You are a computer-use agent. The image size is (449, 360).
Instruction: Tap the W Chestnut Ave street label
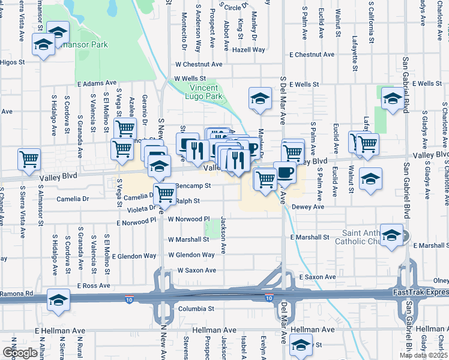(x=199, y=64)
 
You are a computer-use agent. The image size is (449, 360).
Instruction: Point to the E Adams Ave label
(x=97, y=83)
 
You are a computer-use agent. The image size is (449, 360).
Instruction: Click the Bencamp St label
(x=193, y=186)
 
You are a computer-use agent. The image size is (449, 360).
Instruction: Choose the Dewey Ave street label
(x=308, y=206)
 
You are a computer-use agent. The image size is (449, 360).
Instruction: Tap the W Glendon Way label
(x=191, y=255)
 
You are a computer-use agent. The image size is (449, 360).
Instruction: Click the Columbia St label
(x=196, y=308)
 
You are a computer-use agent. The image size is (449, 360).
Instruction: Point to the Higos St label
(x=12, y=62)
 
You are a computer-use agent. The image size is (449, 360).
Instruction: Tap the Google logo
(x=20, y=352)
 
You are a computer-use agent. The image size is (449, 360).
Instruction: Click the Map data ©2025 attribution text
(x=423, y=355)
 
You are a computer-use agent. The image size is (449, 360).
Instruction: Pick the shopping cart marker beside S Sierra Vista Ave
(x=29, y=160)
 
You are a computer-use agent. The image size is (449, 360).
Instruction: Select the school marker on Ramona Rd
(x=58, y=300)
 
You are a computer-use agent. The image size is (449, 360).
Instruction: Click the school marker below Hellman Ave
(x=300, y=344)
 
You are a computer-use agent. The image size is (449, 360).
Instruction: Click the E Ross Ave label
(x=96, y=286)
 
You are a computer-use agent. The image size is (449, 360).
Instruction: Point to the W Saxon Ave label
(x=196, y=271)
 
